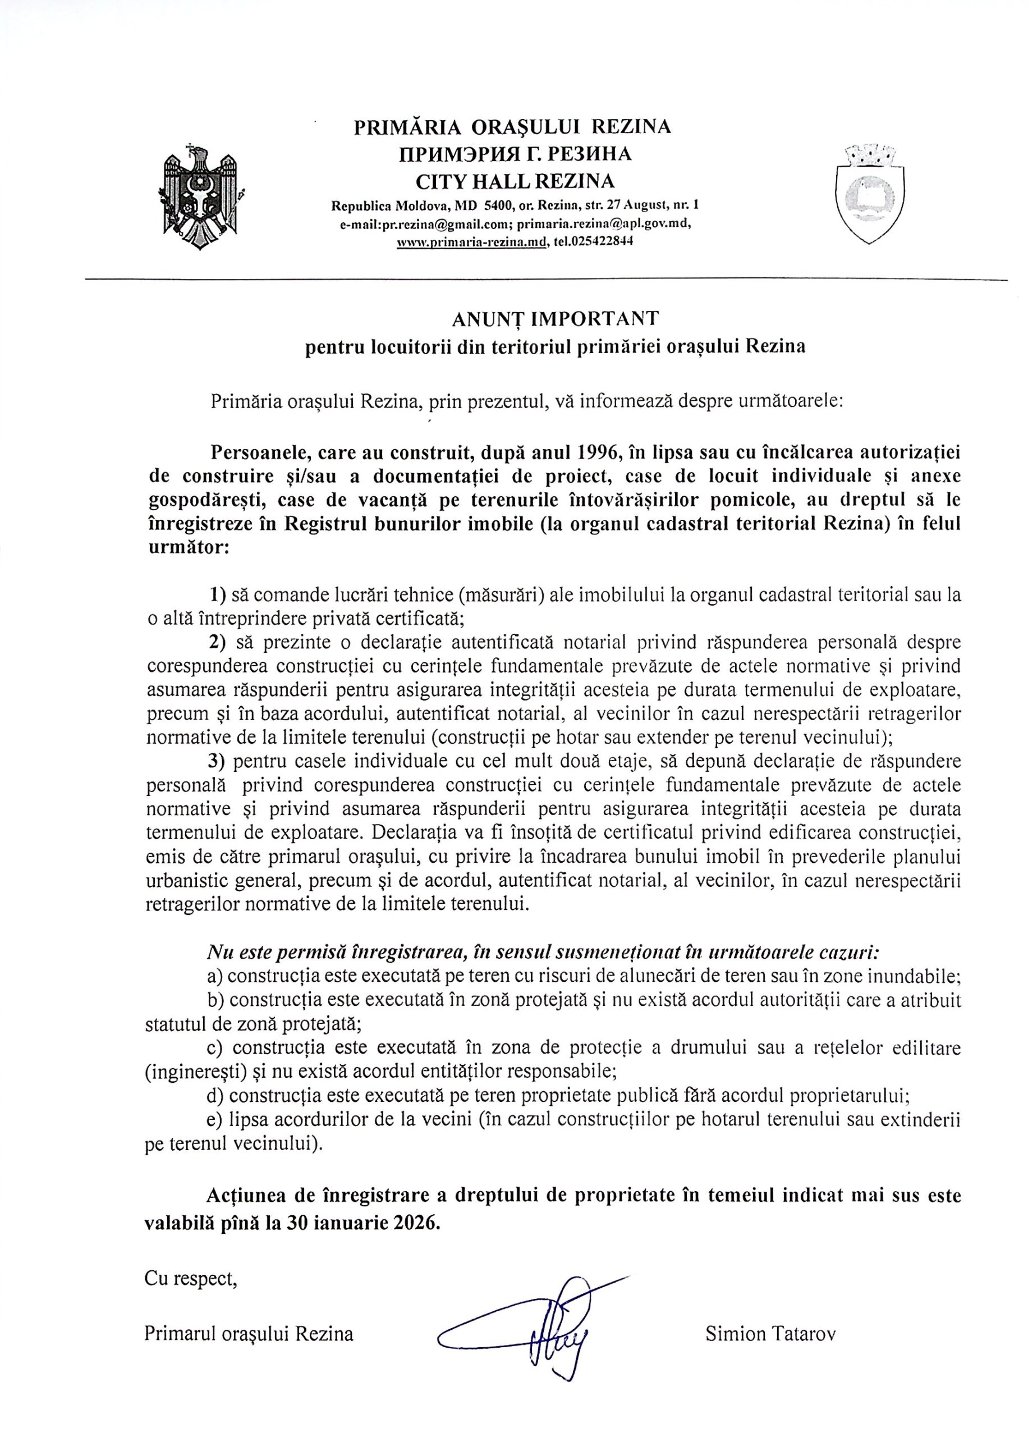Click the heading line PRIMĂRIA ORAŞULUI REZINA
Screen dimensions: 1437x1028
[x=512, y=127]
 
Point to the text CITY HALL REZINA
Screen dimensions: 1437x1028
[x=515, y=182]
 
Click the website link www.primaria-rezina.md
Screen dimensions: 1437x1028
[x=471, y=242]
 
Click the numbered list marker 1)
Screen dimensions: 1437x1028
[x=218, y=594]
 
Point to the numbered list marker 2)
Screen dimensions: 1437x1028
[x=218, y=642]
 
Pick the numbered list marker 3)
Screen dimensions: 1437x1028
[x=218, y=760]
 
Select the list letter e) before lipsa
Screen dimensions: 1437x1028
[x=214, y=1119]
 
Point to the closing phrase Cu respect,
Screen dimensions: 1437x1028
[x=191, y=1279]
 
